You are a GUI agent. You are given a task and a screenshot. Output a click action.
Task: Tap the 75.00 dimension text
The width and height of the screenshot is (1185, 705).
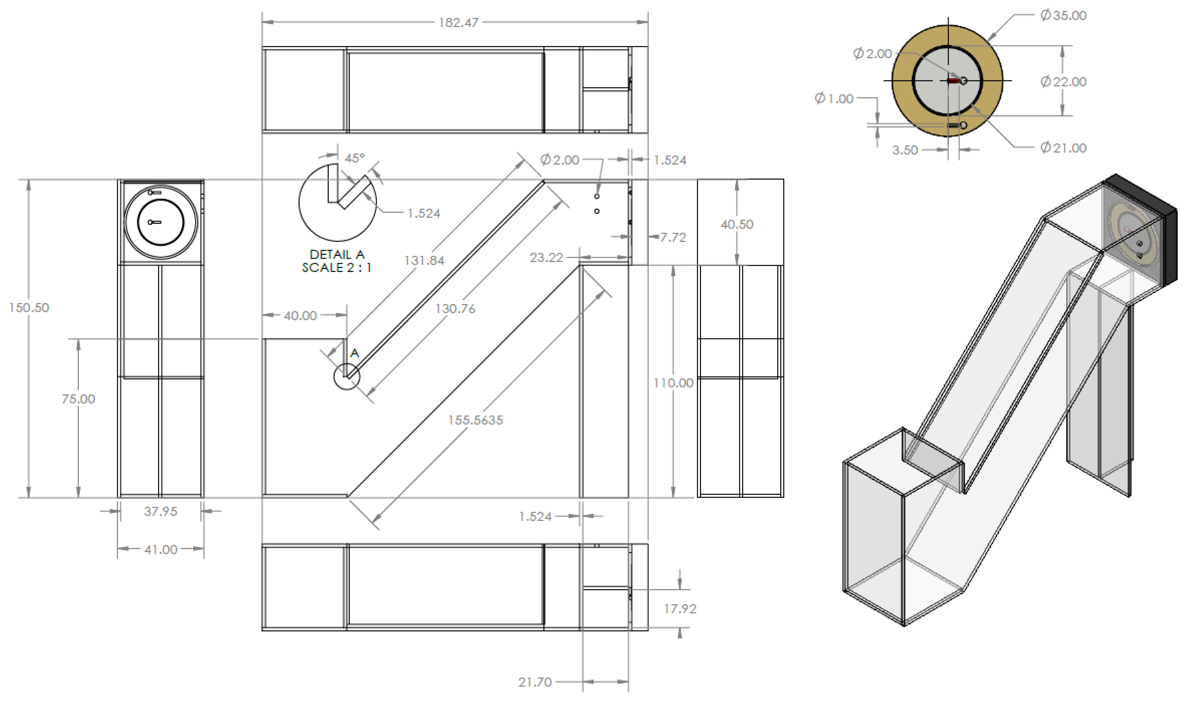pos(78,399)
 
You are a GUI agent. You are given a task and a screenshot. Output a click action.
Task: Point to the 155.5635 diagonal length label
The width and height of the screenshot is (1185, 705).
pos(475,420)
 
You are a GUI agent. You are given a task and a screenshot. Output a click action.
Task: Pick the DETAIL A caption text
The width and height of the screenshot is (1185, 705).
pos(337,255)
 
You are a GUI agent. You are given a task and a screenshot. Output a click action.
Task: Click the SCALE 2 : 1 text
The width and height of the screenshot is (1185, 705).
pos(337,268)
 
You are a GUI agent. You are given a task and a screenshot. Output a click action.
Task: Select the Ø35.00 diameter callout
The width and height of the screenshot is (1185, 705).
pos(1063,16)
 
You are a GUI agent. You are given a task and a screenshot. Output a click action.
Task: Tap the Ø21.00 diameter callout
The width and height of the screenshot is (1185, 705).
pos(1063,148)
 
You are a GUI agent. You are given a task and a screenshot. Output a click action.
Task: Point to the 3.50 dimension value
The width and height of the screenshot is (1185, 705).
pos(905,150)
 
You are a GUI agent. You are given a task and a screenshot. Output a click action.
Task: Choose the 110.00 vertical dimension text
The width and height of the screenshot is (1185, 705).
pos(673,383)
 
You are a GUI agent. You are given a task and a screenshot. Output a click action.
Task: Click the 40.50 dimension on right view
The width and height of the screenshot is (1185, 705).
pos(737,224)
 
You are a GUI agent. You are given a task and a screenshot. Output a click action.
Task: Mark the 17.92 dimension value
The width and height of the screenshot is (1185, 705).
pos(680,609)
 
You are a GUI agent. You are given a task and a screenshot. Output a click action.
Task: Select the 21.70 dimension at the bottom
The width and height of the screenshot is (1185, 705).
pos(535,682)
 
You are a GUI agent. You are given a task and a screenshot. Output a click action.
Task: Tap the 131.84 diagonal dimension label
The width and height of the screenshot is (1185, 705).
pos(424,260)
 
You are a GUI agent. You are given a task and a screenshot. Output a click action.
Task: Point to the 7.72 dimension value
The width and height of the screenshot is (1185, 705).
pos(673,237)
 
